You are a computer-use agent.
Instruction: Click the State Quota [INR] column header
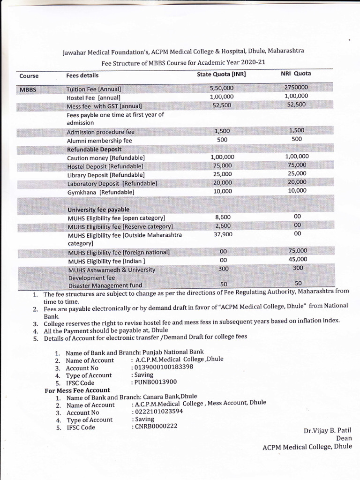pyautogui.click(x=221, y=74)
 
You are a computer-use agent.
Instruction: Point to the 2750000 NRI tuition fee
pyautogui.click(x=296, y=88)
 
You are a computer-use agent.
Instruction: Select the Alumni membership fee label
pyautogui.click(x=99, y=141)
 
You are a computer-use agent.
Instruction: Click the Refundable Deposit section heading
pyautogui.click(x=94, y=149)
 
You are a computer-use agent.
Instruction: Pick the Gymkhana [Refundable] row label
pyautogui.click(x=100, y=192)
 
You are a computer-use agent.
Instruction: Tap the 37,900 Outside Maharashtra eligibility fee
pyautogui.click(x=223, y=234)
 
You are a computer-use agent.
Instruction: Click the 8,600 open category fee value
pyautogui.click(x=223, y=217)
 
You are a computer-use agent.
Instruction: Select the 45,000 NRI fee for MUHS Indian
pyautogui.click(x=297, y=259)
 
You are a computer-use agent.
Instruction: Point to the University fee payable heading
pyautogui.click(x=98, y=210)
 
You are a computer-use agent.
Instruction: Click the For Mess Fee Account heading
pyautogui.click(x=77, y=390)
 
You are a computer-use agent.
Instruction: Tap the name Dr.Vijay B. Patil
pyautogui.click(x=327, y=431)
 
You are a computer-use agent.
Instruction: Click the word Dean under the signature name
pyautogui.click(x=344, y=439)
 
